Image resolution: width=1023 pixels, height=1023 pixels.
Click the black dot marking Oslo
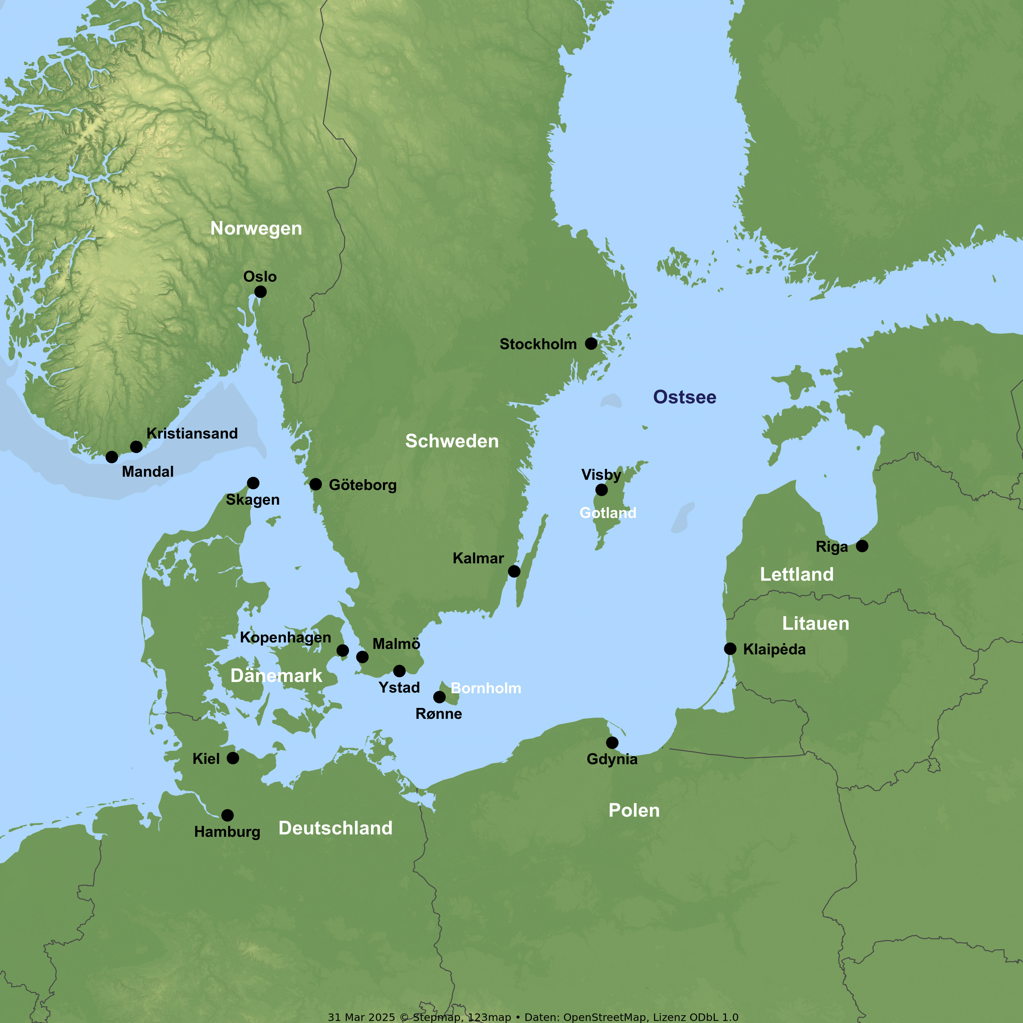pos(260,292)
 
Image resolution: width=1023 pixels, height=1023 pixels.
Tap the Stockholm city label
pos(538,344)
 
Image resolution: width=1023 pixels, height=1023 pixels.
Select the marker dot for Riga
pos(862,546)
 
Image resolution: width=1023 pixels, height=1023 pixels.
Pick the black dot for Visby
pos(602,490)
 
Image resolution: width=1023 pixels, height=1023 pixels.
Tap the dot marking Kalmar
pos(514,571)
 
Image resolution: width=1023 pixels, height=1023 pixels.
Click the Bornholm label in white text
pos(486,688)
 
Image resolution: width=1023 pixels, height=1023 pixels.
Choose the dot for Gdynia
pos(612,743)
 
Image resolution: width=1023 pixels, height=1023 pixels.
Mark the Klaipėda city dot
pos(730,649)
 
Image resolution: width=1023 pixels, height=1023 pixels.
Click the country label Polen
pos(634,811)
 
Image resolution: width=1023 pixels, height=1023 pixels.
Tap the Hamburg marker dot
pos(227,815)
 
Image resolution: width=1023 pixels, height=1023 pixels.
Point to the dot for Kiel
pos(233,758)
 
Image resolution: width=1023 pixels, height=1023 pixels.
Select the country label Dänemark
pos(276,676)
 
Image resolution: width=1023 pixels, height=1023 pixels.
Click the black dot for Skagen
pos(253,483)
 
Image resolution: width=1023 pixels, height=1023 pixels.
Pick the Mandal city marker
pos(112,457)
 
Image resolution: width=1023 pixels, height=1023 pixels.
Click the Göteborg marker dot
pos(315,485)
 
